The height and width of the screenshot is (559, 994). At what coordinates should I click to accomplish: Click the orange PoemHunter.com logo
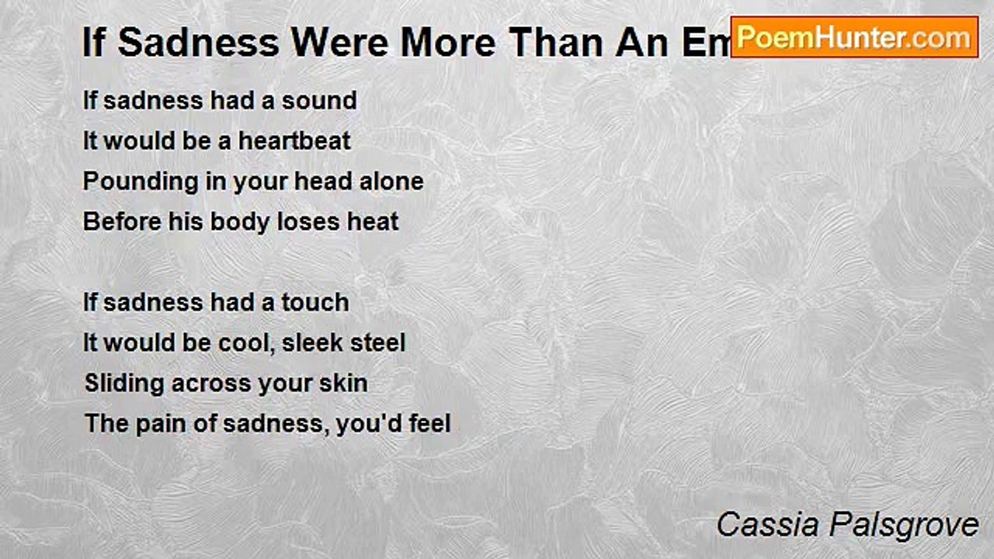tap(854, 37)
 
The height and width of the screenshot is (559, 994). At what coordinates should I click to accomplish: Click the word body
tap(210, 222)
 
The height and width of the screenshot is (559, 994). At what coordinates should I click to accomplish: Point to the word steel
tap(376, 343)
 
